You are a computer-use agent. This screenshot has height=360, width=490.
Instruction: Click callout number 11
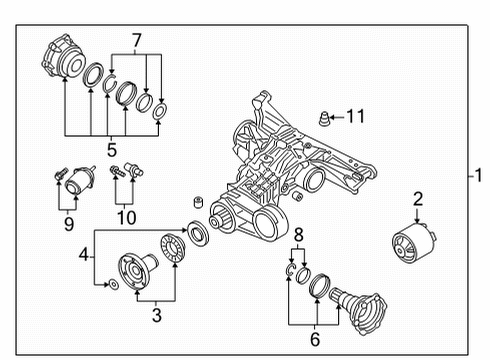tap(356, 116)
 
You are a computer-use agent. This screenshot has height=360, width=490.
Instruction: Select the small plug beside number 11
tap(324, 118)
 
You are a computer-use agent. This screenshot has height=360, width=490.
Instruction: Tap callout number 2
tap(418, 199)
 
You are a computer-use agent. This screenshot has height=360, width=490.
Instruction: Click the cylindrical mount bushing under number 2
tap(414, 243)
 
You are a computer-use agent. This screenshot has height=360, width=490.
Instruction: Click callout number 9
tap(69, 224)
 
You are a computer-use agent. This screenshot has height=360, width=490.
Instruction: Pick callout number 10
tap(127, 218)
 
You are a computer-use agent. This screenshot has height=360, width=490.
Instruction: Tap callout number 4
tap(83, 255)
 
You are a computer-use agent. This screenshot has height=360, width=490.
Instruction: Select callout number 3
tap(157, 315)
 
